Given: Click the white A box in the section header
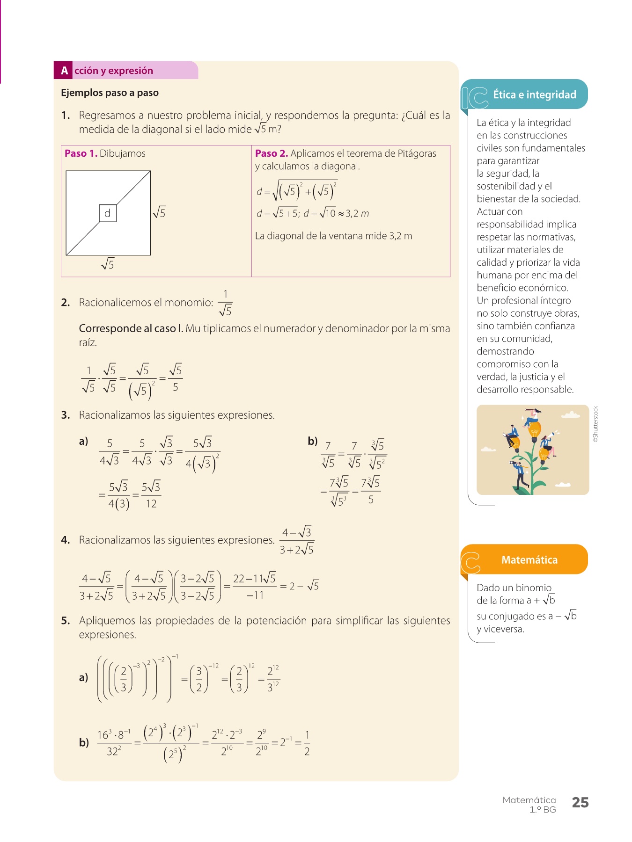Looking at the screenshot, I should [x=64, y=71].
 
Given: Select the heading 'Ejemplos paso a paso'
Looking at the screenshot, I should [x=110, y=93].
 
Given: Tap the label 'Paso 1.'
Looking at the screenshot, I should [x=81, y=153].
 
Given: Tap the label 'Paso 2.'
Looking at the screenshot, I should [x=271, y=153].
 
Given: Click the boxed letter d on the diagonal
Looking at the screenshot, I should [x=108, y=213].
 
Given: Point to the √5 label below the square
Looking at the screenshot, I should [x=108, y=264].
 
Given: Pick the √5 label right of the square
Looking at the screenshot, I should [x=159, y=213].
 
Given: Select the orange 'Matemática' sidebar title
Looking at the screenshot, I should [x=529, y=560].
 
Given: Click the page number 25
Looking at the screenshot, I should [x=580, y=803].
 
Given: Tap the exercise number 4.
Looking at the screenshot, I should [x=65, y=540].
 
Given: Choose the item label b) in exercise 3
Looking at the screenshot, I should [x=312, y=441].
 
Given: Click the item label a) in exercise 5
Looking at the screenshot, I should [x=83, y=677].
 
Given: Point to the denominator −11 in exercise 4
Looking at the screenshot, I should [x=255, y=595].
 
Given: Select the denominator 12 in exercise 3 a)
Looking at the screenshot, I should [x=151, y=504].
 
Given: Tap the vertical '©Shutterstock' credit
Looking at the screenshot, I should [x=595, y=424].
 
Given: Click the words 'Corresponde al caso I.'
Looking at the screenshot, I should [x=131, y=328].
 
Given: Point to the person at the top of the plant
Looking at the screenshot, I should [x=532, y=415].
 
